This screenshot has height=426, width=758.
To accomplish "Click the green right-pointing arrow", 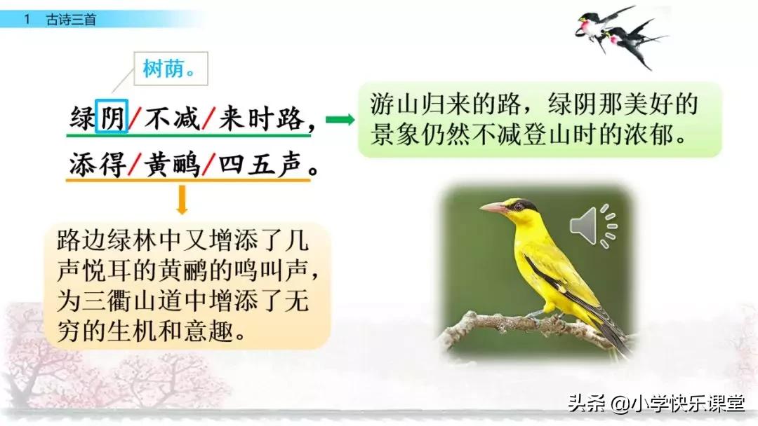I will (340, 119).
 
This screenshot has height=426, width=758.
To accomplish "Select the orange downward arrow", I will (182, 200).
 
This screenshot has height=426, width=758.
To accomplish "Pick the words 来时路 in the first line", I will (260, 118).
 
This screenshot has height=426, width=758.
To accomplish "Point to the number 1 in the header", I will (27, 20).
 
